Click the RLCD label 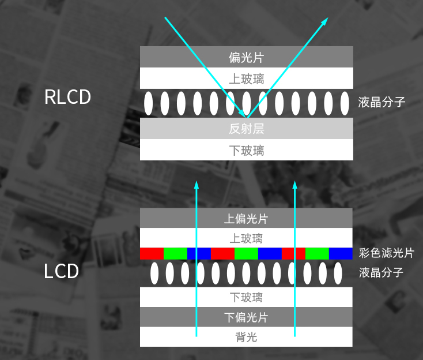[67, 97]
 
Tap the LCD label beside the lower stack [61, 271]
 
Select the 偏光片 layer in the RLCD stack [246, 57]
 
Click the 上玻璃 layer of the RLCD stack [246, 78]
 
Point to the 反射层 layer [246, 129]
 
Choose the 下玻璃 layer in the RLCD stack [246, 151]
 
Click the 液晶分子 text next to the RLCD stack [382, 103]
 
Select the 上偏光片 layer [246, 219]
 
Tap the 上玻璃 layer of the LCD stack [246, 238]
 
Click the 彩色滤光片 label [386, 253]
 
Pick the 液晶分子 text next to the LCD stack [382, 272]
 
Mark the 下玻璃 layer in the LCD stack [246, 297]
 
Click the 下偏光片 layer [246, 317]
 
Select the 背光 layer [246, 337]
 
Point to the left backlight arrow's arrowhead [197, 185]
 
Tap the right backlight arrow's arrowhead [295, 185]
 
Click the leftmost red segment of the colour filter [152, 253]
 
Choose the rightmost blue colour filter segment [341, 253]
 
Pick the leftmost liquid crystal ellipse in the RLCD [149, 103]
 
